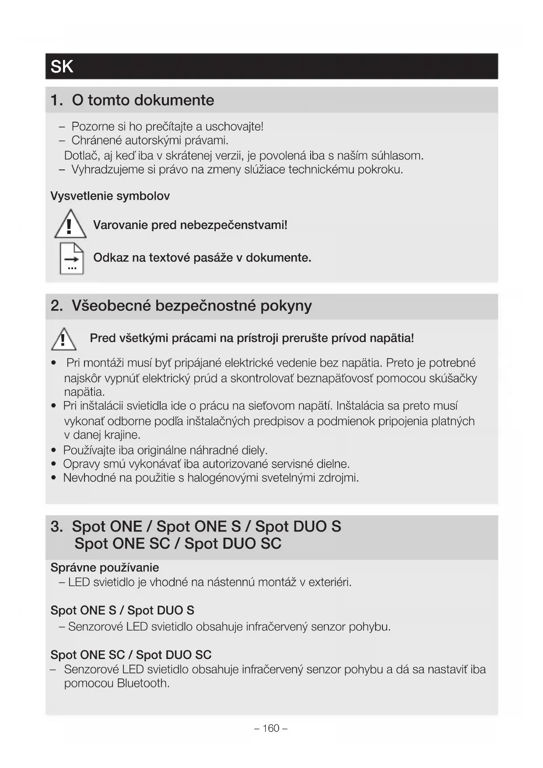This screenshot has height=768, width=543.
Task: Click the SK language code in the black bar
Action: pyautogui.click(x=62, y=67)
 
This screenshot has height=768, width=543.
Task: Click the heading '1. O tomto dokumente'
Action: pyautogui.click(x=132, y=100)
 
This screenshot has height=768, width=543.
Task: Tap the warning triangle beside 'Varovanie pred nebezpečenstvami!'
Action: pyautogui.click(x=70, y=225)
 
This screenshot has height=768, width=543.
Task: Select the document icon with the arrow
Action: pyautogui.click(x=72, y=258)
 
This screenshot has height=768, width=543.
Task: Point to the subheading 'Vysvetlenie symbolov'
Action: pyautogui.click(x=110, y=196)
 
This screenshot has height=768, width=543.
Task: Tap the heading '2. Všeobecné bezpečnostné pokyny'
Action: pyautogui.click(x=181, y=305)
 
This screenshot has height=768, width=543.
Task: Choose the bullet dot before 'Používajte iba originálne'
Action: pyautogui.click(x=53, y=451)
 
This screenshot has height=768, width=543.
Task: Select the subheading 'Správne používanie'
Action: pyautogui.click(x=105, y=567)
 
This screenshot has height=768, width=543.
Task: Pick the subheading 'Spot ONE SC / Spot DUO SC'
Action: pyautogui.click(x=131, y=655)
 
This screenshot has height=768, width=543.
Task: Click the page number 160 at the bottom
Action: pyautogui.click(x=271, y=728)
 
